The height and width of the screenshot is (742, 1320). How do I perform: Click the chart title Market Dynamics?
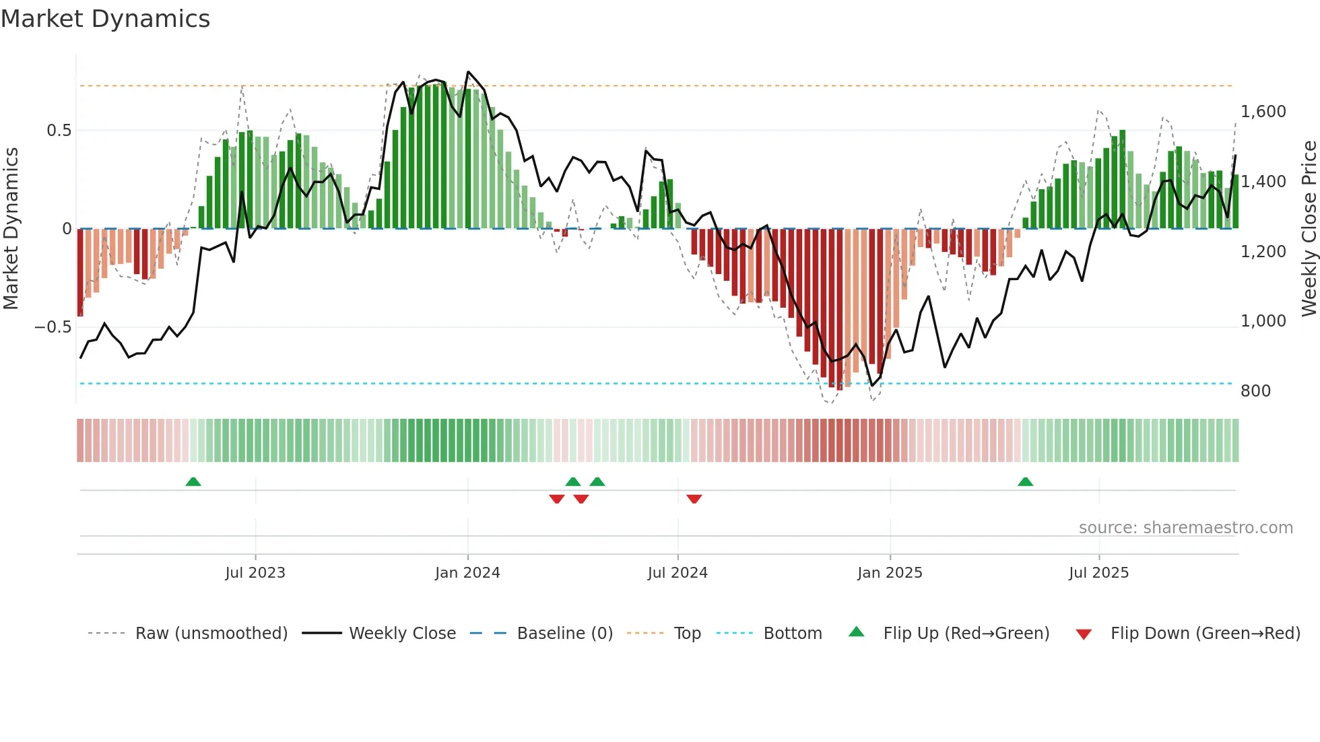[105, 19]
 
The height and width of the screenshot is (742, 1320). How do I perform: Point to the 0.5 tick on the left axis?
[59, 131]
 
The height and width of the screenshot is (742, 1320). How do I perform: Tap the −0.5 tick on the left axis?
[53, 327]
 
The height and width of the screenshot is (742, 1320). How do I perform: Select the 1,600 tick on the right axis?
[1263, 112]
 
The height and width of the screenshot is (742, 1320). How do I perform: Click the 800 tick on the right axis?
[1255, 391]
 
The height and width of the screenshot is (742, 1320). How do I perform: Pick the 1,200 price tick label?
[1263, 252]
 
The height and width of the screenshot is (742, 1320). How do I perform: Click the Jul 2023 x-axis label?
[255, 573]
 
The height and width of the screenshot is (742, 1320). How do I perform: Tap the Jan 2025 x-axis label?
[890, 573]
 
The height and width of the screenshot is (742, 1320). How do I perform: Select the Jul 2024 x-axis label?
[678, 573]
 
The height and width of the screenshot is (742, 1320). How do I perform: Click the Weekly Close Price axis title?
[1309, 229]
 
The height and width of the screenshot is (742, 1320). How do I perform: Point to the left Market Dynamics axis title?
[11, 229]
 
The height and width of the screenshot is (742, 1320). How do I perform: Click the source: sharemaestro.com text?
[1185, 528]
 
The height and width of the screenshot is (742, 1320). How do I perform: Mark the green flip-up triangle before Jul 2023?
[193, 481]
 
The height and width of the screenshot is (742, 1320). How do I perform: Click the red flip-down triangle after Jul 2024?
[694, 499]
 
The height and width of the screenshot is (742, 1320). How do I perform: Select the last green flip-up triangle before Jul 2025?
[1025, 481]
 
